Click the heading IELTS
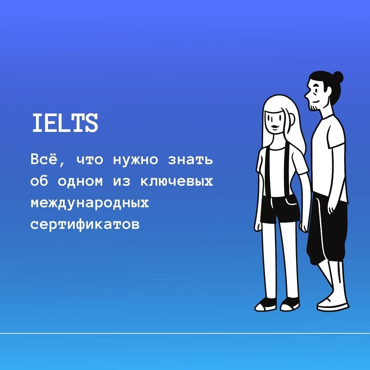tap(65, 123)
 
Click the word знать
tap(190, 160)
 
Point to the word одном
tap(80, 182)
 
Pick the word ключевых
tap(177, 182)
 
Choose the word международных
tap(90, 203)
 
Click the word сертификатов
tap(85, 225)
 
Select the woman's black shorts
tap(280, 209)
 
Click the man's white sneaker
tap(333, 304)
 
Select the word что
tap(90, 160)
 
